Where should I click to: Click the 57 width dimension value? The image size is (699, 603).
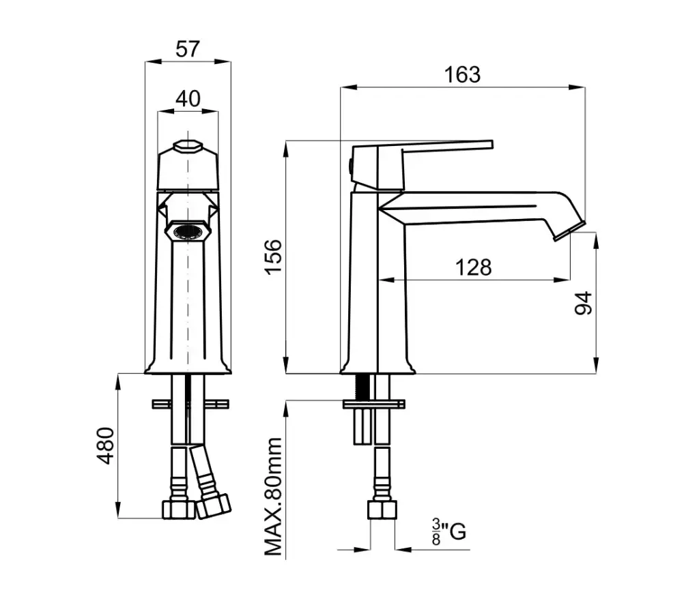188,49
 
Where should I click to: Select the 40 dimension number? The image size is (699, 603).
188,98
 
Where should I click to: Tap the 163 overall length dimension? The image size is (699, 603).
462,74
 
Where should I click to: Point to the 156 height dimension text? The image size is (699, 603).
274,257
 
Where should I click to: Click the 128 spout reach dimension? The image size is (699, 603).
474,267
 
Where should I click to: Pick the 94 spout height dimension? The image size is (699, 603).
583,303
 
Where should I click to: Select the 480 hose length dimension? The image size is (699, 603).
106,446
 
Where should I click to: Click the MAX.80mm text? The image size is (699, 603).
274,497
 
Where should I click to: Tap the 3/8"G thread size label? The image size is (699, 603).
448,531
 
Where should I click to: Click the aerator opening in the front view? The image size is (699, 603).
188,232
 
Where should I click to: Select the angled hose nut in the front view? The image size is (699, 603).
214,506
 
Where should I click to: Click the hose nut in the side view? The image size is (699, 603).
382,510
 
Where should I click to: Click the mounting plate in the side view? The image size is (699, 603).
374,405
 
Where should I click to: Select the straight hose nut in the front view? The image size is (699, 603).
178,510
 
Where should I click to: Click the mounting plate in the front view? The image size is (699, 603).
190,405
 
